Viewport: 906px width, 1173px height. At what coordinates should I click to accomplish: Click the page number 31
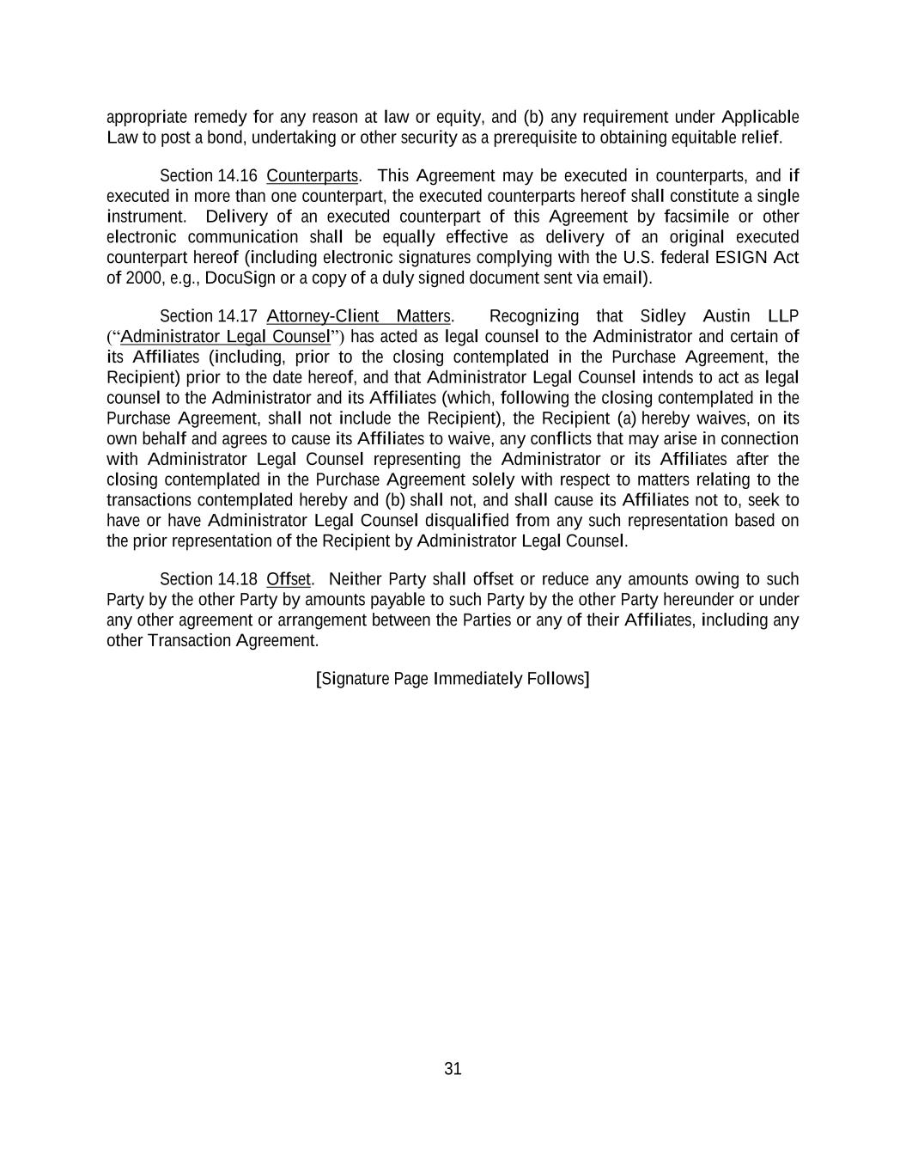[453, 1068]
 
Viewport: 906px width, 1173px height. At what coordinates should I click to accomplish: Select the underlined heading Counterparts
[313, 176]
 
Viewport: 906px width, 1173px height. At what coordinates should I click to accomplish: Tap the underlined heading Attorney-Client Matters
[359, 316]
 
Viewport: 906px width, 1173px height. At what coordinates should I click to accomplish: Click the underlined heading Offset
[289, 579]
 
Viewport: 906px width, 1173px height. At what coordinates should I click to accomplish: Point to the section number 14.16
[237, 176]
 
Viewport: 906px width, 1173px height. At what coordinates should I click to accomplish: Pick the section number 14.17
[237, 316]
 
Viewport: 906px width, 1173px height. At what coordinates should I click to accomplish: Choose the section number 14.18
[237, 579]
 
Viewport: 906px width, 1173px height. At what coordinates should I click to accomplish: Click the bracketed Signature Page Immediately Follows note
[453, 679]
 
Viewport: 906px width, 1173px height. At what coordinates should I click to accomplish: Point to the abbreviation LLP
[783, 316]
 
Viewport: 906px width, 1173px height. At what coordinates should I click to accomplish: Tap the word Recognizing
[533, 316]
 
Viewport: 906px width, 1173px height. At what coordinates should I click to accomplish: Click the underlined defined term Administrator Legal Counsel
[225, 336]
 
